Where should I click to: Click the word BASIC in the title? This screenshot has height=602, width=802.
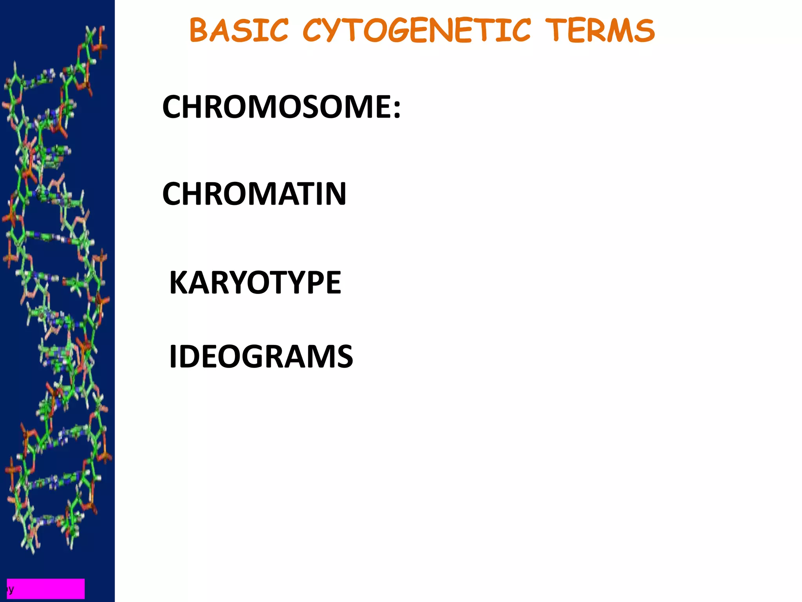tap(238, 31)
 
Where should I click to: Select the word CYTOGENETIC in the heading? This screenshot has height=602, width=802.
tap(417, 31)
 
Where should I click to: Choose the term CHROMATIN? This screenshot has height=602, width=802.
tap(254, 194)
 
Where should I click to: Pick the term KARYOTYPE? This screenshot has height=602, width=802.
tap(255, 282)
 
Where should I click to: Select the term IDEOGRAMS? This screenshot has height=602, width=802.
tap(261, 356)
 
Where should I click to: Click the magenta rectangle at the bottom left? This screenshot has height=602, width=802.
tap(46, 588)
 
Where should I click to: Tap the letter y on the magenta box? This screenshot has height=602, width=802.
tap(11, 589)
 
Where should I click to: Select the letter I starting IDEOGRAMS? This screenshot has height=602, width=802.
tap(173, 356)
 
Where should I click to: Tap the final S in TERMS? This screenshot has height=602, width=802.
tap(644, 31)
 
